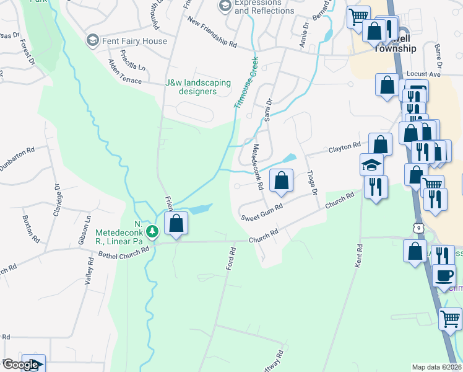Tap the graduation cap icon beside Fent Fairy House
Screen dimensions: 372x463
click(92, 41)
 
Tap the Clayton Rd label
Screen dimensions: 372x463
click(344, 148)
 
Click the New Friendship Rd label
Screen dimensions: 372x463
click(212, 35)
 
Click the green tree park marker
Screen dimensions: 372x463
click(152, 232)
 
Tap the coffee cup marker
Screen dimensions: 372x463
click(444, 275)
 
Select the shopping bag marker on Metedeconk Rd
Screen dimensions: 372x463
click(281, 181)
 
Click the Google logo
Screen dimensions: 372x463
click(21, 365)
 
